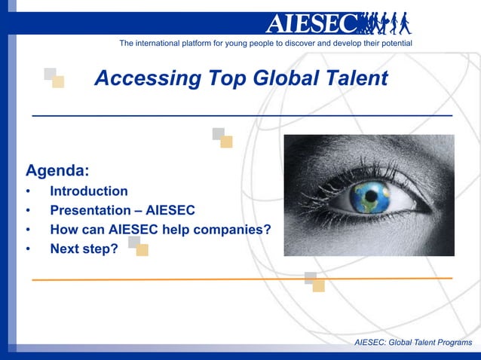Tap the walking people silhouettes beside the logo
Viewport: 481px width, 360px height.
[x=385, y=23]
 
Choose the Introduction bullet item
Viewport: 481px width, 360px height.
[x=89, y=191]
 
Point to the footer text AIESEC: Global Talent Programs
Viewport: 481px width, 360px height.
[x=413, y=343]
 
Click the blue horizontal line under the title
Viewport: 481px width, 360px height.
[x=241, y=115]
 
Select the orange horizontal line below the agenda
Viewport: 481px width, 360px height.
[x=241, y=279]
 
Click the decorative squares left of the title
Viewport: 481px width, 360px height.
[x=54, y=78]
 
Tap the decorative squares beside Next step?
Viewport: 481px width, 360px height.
[x=138, y=246]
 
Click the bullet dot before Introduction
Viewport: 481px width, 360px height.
[x=29, y=192]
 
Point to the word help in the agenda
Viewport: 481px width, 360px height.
[x=174, y=229]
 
